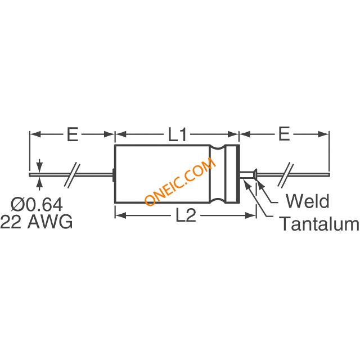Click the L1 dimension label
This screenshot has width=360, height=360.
tap(177, 134)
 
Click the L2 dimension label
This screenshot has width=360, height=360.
tap(186, 215)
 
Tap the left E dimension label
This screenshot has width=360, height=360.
tap(73, 134)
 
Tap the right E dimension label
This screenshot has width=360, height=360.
tap(283, 134)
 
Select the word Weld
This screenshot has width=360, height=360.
tap(307, 201)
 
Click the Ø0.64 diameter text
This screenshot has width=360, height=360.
tap(37, 205)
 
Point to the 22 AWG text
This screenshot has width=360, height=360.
tap(37, 222)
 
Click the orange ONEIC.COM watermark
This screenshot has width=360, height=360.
tap(181, 181)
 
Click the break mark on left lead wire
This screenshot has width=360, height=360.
tap(72, 175)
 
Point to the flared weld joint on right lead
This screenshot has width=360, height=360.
tap(255, 174)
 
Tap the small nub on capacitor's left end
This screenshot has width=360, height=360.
tap(114, 175)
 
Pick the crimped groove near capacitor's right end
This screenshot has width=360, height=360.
tap(218, 174)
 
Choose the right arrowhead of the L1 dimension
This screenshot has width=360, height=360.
tap(233, 134)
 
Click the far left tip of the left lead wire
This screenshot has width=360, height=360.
tap(29, 175)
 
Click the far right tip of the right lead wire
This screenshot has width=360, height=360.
tap(330, 175)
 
